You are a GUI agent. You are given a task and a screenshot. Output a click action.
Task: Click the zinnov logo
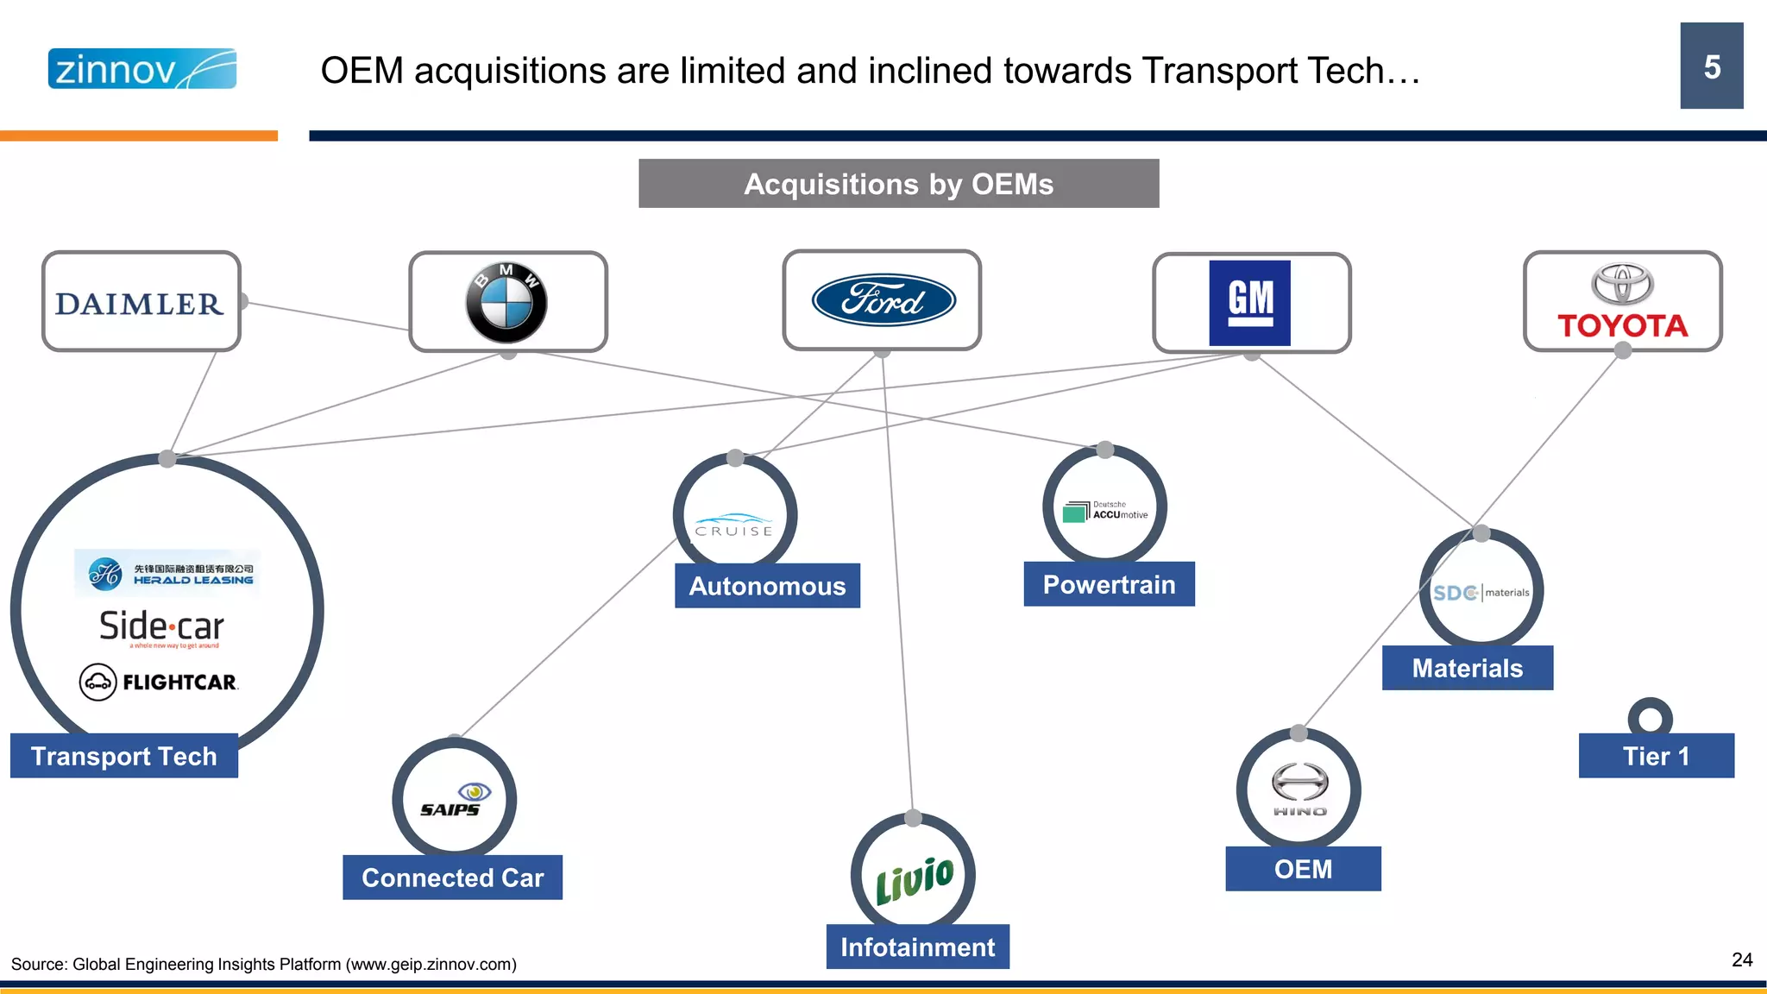coord(141,69)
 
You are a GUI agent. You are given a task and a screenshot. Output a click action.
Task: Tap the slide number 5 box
coord(1711,66)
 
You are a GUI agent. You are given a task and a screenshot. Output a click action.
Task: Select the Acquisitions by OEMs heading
coord(898,184)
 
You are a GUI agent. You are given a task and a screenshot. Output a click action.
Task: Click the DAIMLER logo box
coord(141,302)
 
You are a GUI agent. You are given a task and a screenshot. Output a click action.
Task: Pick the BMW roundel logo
coord(506,303)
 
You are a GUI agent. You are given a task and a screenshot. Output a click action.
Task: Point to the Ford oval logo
coord(883,300)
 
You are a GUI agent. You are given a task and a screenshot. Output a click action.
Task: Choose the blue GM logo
coord(1249,303)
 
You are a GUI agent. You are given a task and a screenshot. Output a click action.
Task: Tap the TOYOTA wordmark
coord(1622,326)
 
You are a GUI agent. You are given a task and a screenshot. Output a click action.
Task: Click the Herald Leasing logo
coord(167,574)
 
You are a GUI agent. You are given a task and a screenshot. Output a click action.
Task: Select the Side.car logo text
coord(162,626)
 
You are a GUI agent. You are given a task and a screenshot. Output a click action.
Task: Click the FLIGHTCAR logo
coord(159,682)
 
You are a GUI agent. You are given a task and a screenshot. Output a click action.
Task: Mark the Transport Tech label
coord(124,756)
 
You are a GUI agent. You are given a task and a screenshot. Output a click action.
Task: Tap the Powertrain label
coord(1109,585)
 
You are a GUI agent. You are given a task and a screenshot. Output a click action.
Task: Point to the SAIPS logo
coord(454,801)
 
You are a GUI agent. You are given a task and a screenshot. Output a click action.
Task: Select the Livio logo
coord(914,878)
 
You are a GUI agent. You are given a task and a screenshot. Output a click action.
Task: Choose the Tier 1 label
coord(1656,757)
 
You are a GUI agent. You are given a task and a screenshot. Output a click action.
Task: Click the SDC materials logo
coord(1481,593)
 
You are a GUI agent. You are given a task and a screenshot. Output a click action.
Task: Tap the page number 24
coord(1741,959)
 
